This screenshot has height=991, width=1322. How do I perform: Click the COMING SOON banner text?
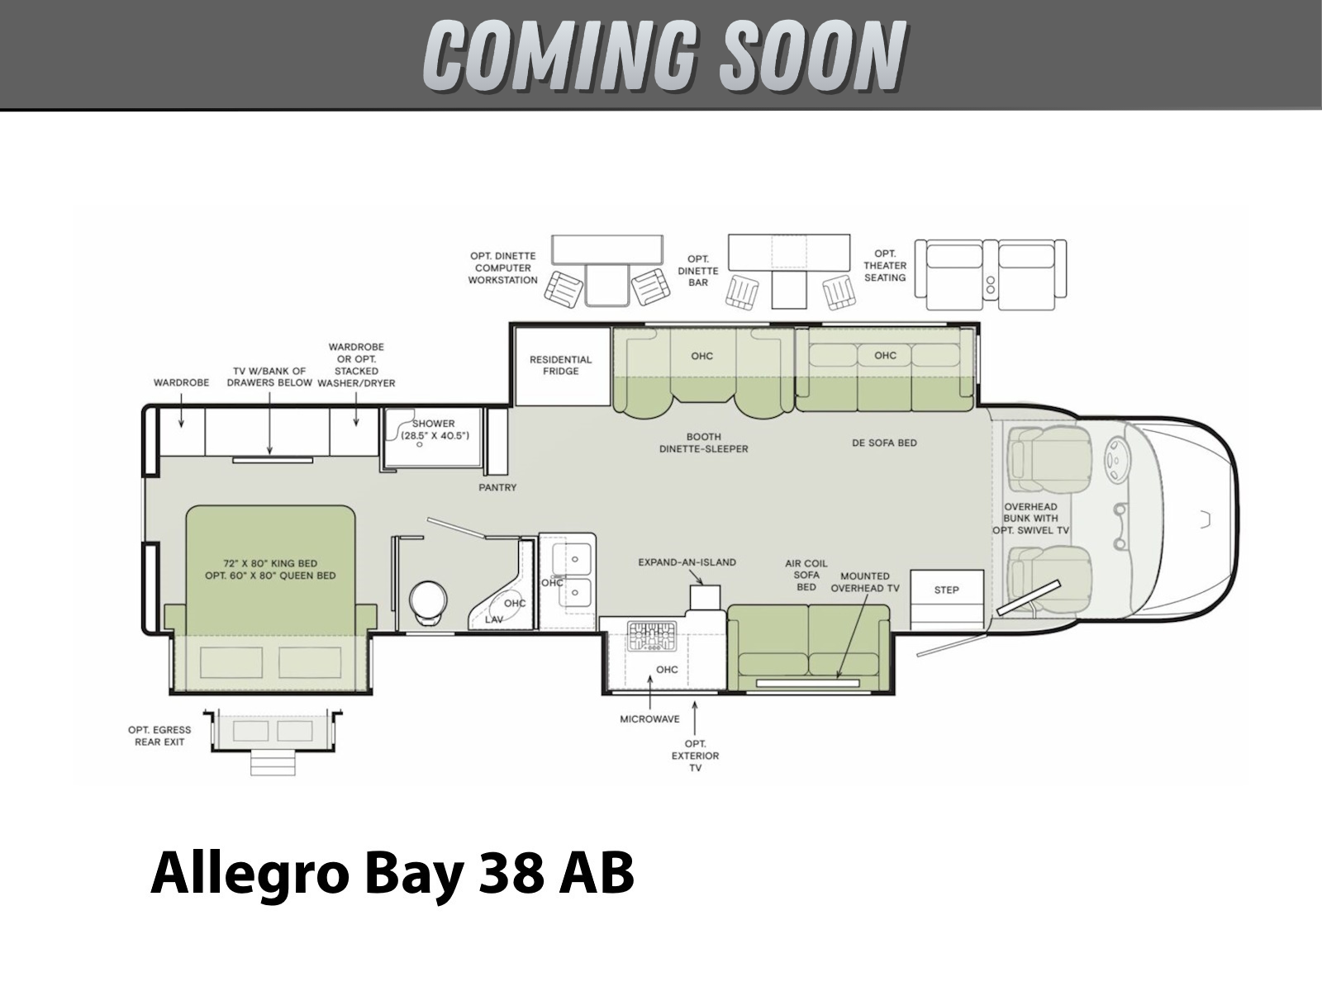click(664, 55)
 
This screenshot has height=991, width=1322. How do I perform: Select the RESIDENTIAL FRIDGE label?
click(561, 365)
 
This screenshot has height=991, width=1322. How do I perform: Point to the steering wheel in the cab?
click(1116, 459)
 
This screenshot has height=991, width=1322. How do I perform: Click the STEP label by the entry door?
click(946, 590)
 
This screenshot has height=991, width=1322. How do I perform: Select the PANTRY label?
click(497, 487)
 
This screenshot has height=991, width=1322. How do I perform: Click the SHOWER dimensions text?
click(435, 429)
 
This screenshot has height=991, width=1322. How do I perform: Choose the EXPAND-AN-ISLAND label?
click(687, 562)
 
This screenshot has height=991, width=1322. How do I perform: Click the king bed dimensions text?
click(270, 570)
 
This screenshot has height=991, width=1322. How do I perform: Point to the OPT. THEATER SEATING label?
click(885, 266)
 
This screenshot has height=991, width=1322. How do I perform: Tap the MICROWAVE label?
click(650, 719)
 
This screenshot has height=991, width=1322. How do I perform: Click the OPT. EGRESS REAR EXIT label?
click(159, 736)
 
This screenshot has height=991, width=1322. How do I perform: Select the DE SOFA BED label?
click(884, 443)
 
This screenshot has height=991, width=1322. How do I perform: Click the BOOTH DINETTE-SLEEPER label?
click(703, 443)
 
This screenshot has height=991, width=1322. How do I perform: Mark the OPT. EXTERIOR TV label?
click(695, 756)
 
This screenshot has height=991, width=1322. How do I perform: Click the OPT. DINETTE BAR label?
click(698, 271)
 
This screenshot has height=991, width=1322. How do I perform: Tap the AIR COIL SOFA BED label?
click(806, 576)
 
